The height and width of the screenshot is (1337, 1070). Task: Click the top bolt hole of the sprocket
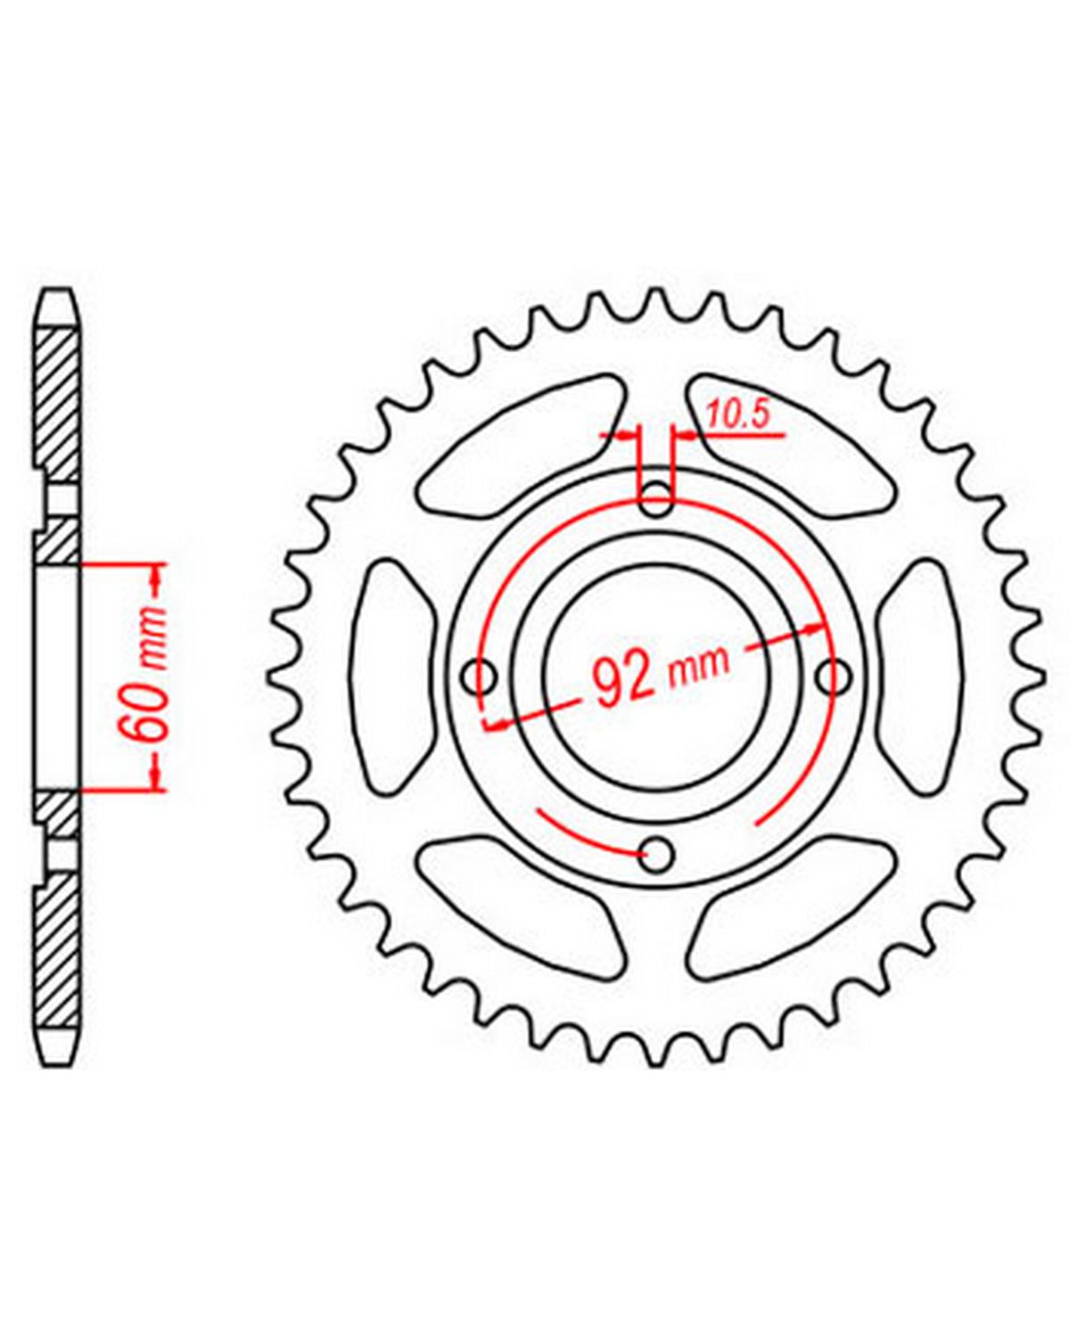point(656,497)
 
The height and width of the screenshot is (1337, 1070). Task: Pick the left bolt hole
point(481,675)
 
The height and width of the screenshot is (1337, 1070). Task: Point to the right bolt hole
point(832,676)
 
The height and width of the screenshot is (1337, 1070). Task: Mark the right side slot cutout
point(921,676)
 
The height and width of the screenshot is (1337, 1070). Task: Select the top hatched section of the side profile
point(57,404)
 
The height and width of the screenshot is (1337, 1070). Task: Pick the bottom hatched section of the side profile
point(57,950)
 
